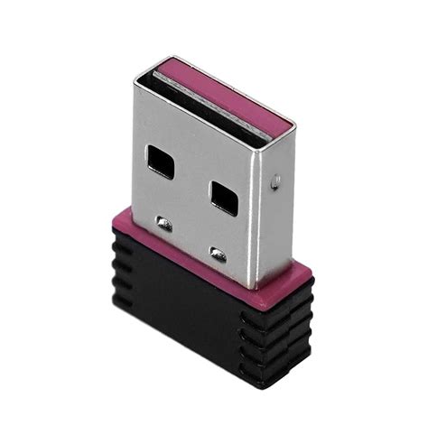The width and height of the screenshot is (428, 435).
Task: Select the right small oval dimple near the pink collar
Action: click(x=218, y=253)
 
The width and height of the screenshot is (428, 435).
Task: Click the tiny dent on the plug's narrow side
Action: click(x=275, y=180)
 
